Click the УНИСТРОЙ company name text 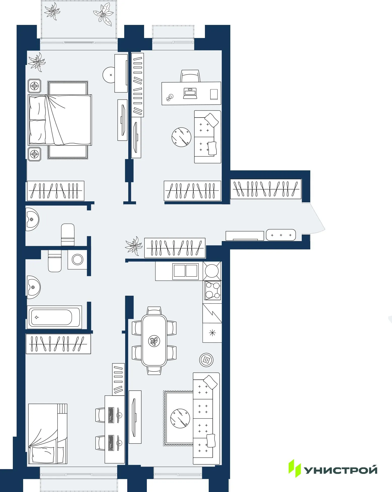pos(341,470)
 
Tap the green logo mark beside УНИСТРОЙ pos(294,468)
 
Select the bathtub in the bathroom pos(54,317)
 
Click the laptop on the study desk pos(190,93)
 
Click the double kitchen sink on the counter pos(186,271)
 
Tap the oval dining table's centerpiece pos(154,341)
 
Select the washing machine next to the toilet pos(77,259)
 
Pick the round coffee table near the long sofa pos(180,418)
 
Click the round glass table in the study pos(181,137)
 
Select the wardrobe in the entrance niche pos(266,189)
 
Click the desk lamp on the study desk pos(170,97)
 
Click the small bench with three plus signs pos(281,235)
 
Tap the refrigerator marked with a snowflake pos(212,333)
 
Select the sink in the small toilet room pos(32,219)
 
